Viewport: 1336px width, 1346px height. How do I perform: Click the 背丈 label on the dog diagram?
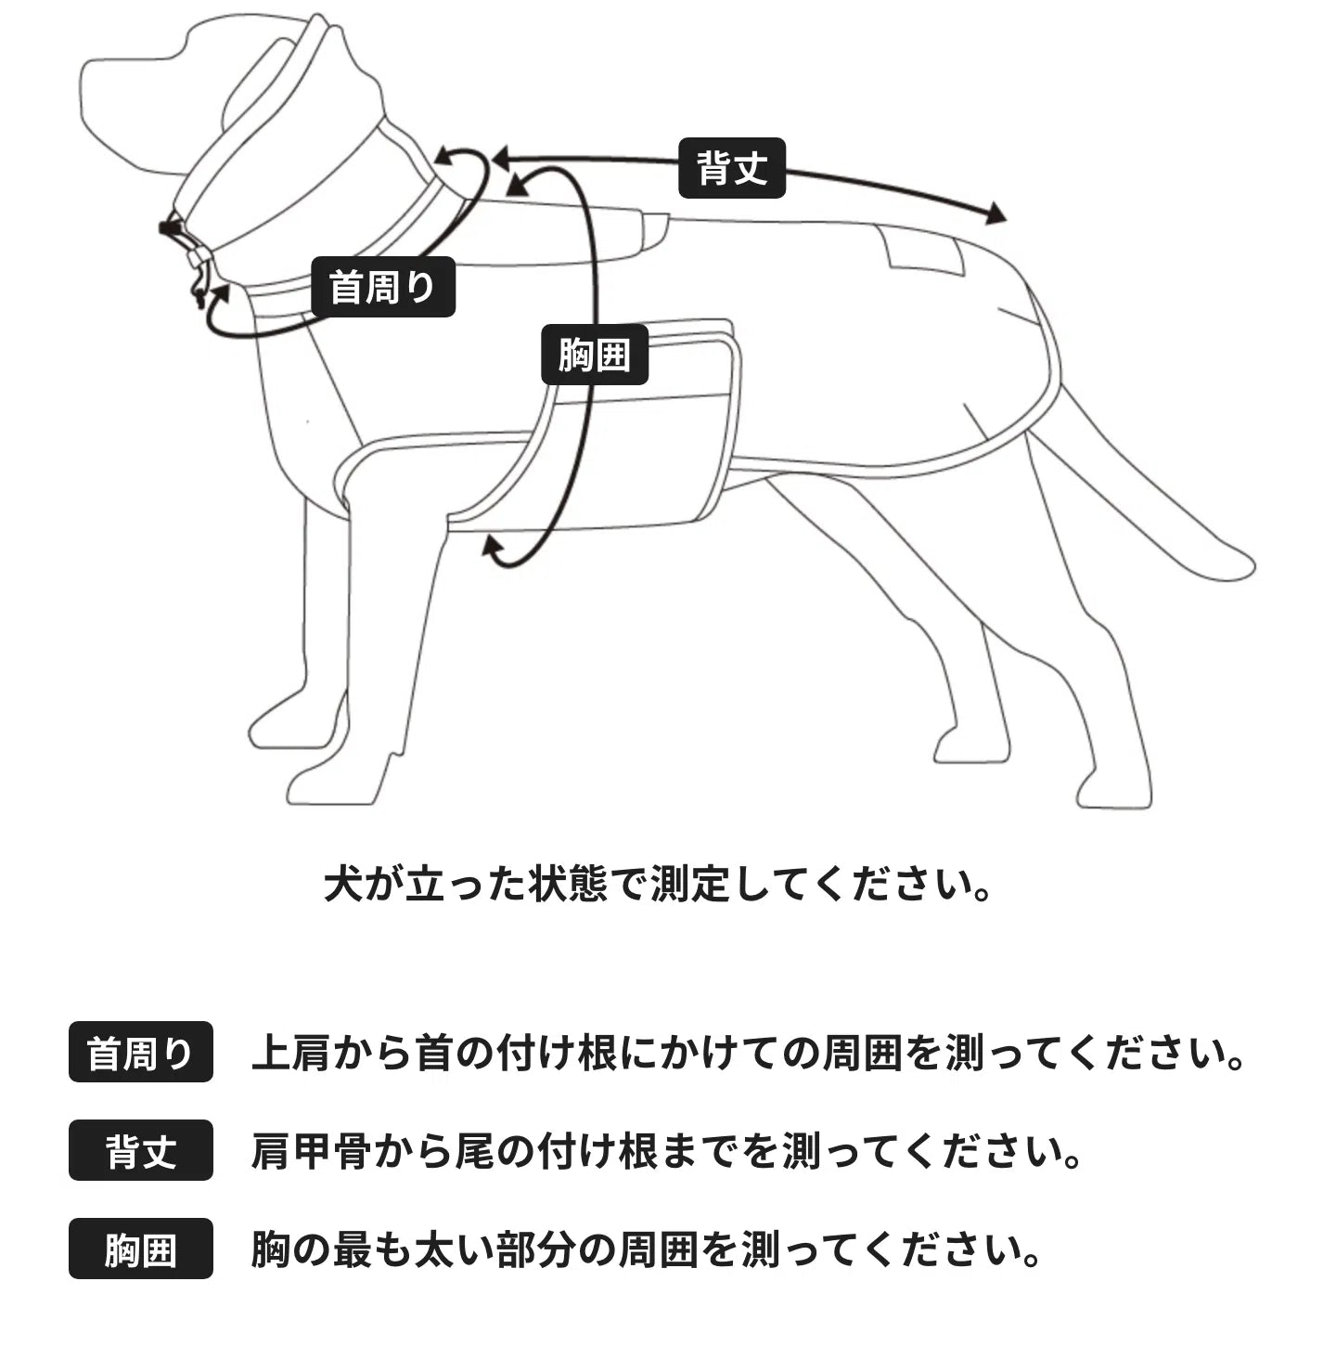(731, 168)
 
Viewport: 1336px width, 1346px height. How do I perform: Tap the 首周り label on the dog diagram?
(383, 287)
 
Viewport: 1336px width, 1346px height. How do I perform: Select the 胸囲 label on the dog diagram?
(595, 355)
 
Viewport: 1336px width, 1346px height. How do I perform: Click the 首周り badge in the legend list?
(140, 1052)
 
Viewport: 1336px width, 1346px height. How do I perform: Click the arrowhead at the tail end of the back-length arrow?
(996, 214)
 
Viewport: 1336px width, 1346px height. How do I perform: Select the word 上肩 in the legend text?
(291, 1053)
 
